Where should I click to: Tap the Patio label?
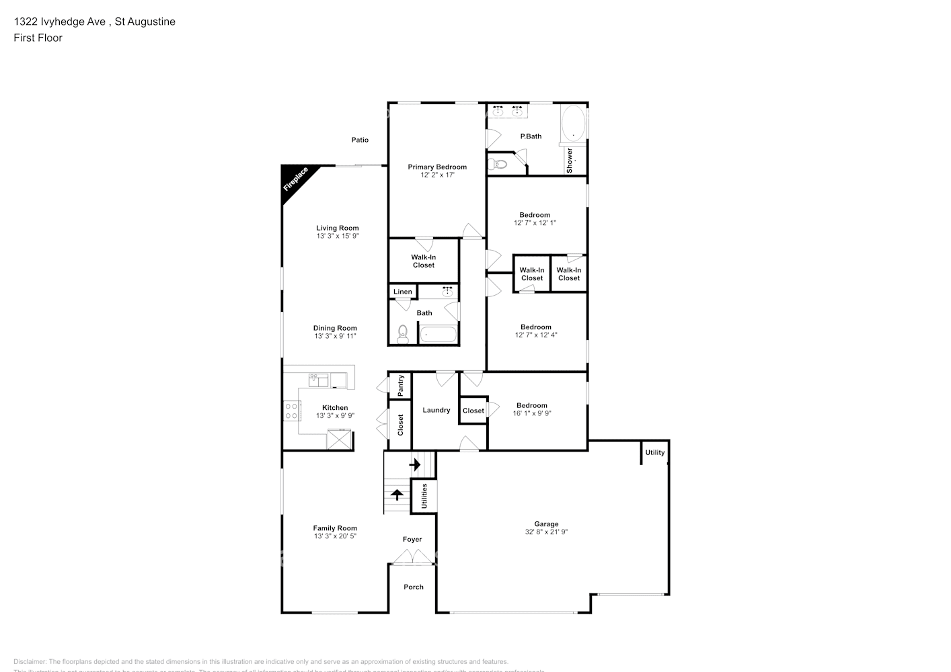click(360, 140)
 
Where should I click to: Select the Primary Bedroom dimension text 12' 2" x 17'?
click(436, 175)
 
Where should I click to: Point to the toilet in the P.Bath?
click(498, 164)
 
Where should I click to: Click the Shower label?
click(570, 161)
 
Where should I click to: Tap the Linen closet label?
click(403, 292)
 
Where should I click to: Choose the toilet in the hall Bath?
click(403, 334)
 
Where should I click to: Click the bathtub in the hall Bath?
click(438, 334)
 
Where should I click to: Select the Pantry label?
click(401, 384)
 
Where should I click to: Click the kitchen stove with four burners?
click(291, 411)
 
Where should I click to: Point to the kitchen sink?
click(319, 380)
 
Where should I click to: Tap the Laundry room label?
click(436, 410)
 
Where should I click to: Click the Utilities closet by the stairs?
click(424, 497)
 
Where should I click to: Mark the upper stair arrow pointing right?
click(415, 464)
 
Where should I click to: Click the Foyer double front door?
click(412, 557)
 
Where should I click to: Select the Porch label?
click(414, 587)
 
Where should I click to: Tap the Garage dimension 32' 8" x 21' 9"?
click(546, 532)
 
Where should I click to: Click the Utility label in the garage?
click(655, 452)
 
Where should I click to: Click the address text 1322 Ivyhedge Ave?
click(60, 22)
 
